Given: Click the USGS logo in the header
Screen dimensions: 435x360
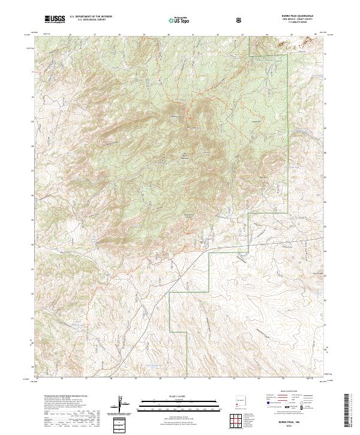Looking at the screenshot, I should coord(55,19).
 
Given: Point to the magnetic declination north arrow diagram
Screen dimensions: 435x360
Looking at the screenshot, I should coord(124,406).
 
